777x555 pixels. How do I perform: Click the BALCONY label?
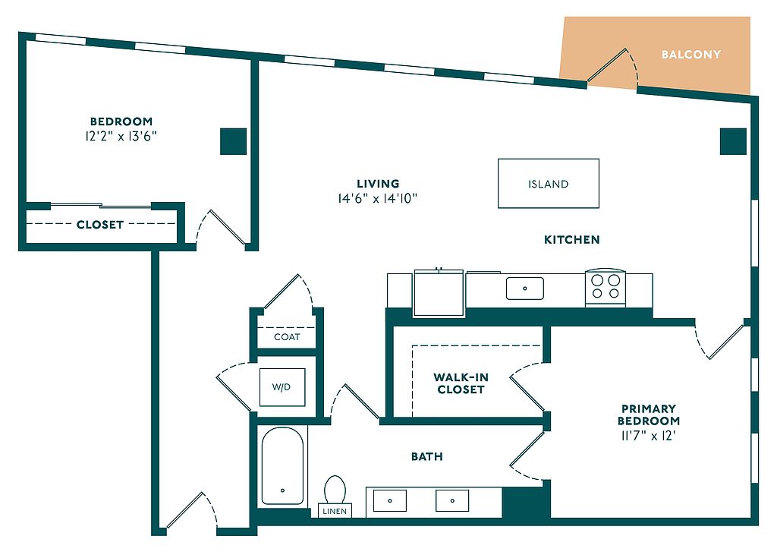(x=690, y=55)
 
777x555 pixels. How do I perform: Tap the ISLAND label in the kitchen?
(x=548, y=184)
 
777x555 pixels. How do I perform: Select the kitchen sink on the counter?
(x=525, y=289)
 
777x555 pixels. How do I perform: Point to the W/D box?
(x=282, y=387)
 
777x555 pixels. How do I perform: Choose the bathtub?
(x=282, y=465)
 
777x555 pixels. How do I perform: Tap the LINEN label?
(x=335, y=511)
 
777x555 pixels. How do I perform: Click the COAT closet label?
(x=287, y=336)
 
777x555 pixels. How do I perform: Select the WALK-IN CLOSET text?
(x=460, y=383)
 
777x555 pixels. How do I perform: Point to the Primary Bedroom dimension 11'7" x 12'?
(x=648, y=436)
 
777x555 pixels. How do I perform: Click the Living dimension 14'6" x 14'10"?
(x=378, y=199)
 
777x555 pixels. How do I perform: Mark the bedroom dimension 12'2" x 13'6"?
(x=121, y=137)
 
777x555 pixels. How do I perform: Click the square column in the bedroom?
(x=234, y=141)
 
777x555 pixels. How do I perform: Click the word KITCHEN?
(x=572, y=240)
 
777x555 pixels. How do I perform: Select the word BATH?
(x=427, y=456)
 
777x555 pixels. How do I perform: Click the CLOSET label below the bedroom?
(x=99, y=225)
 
